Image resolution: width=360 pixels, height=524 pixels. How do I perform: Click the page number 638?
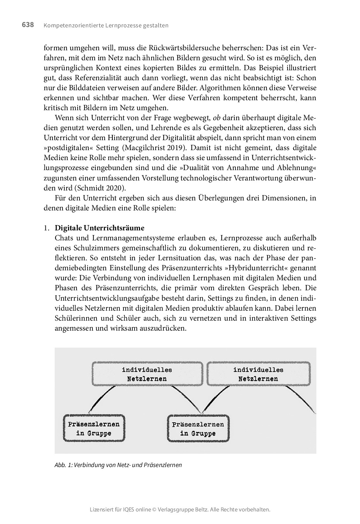pyautogui.click(x=28, y=25)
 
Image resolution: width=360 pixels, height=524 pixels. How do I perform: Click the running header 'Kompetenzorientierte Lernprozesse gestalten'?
pyautogui.click(x=106, y=26)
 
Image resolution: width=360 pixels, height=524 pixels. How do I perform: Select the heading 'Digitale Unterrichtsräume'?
pyautogui.click(x=99, y=228)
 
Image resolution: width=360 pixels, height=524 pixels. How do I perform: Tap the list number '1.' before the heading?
pyautogui.click(x=47, y=228)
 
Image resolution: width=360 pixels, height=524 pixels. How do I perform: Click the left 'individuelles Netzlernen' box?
pyautogui.click(x=147, y=374)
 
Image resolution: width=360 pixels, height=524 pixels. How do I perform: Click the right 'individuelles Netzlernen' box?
pyautogui.click(x=258, y=374)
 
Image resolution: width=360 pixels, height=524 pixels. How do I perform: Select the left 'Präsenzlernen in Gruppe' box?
pyautogui.click(x=94, y=429)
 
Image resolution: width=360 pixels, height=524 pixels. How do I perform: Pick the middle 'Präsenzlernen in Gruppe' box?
pyautogui.click(x=198, y=429)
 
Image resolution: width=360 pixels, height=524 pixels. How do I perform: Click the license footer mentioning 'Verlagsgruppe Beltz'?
pyautogui.click(x=180, y=510)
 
